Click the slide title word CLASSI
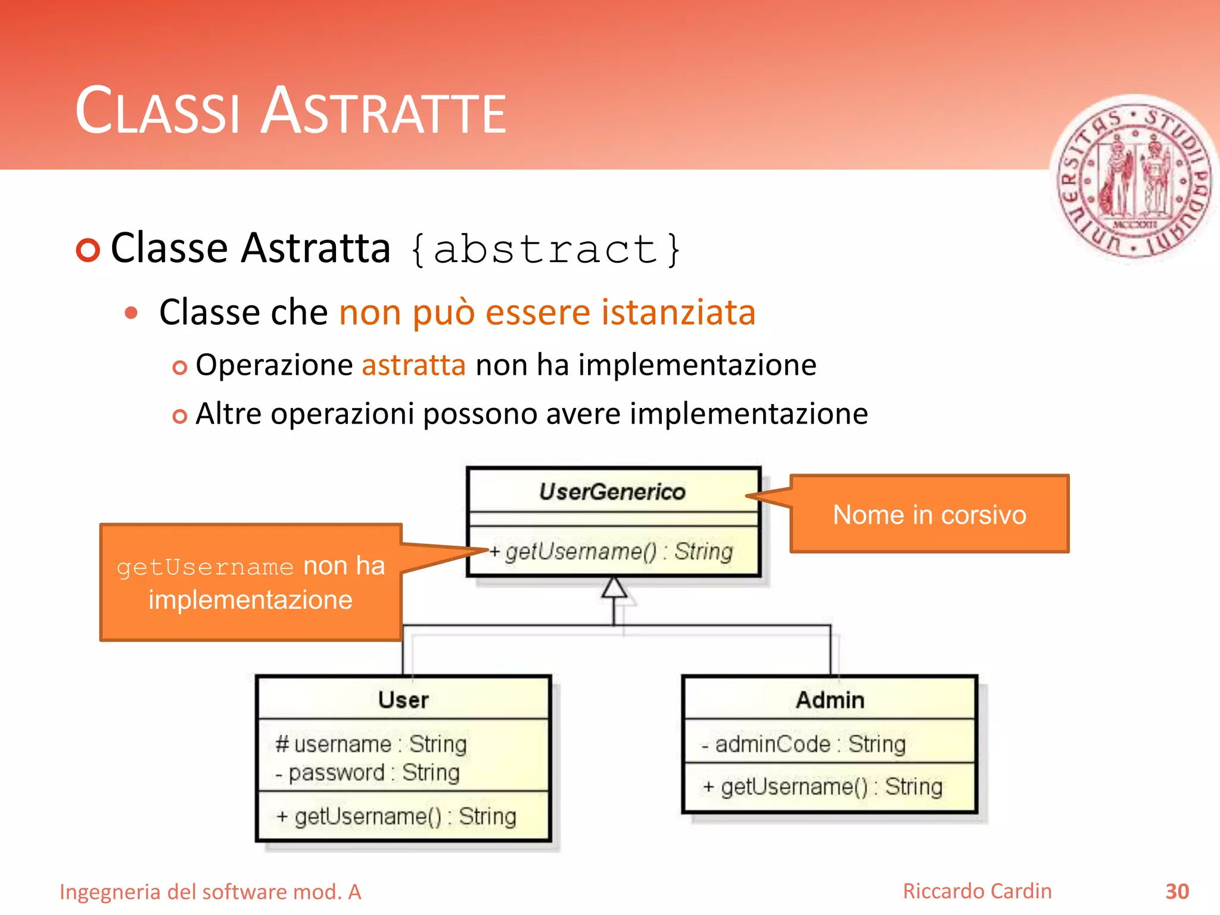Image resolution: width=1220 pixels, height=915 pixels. [157, 112]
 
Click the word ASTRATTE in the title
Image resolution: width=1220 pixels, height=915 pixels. [384, 112]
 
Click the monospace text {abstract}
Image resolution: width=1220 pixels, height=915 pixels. [546, 249]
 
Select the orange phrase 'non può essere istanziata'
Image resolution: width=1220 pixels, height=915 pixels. [547, 312]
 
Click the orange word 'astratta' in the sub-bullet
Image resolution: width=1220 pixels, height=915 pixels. [413, 365]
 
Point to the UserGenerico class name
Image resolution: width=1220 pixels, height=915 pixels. [612, 492]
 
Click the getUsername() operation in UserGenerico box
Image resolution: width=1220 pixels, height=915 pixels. [611, 552]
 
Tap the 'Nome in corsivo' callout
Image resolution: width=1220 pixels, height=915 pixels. [929, 515]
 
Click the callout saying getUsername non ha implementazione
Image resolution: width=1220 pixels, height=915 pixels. [250, 583]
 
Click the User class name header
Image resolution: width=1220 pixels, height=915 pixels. [403, 700]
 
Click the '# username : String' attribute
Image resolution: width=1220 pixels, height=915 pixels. [371, 744]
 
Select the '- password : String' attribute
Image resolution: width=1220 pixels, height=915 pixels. [368, 773]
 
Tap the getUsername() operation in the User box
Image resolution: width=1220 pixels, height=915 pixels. [396, 817]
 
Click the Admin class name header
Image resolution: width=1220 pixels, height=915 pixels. [830, 700]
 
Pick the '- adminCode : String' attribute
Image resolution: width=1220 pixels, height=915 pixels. [804, 744]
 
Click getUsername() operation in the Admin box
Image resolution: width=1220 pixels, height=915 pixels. [823, 787]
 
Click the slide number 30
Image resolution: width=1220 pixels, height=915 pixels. [1177, 892]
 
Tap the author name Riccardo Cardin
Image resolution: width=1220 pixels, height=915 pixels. [977, 891]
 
